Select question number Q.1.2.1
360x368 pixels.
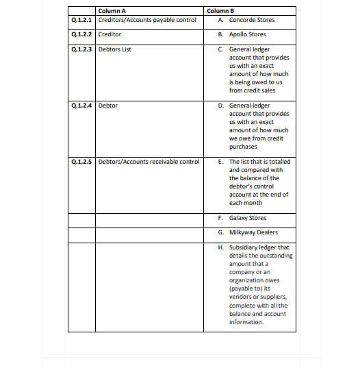click(81, 20)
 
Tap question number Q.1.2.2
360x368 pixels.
click(81, 34)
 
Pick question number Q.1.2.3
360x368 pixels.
click(81, 49)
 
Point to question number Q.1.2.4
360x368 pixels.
click(81, 106)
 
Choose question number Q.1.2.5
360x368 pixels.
click(81, 162)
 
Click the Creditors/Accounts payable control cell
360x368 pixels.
click(147, 20)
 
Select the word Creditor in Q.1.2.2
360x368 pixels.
click(110, 34)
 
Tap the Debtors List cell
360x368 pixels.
click(114, 49)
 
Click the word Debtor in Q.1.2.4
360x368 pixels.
click(108, 106)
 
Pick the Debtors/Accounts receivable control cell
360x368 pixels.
click(149, 162)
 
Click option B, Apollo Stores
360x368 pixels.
click(247, 34)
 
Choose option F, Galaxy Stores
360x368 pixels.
click(247, 218)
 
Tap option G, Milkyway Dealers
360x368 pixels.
click(253, 232)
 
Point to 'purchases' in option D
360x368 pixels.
click(243, 146)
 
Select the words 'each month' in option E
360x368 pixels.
click(245, 203)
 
